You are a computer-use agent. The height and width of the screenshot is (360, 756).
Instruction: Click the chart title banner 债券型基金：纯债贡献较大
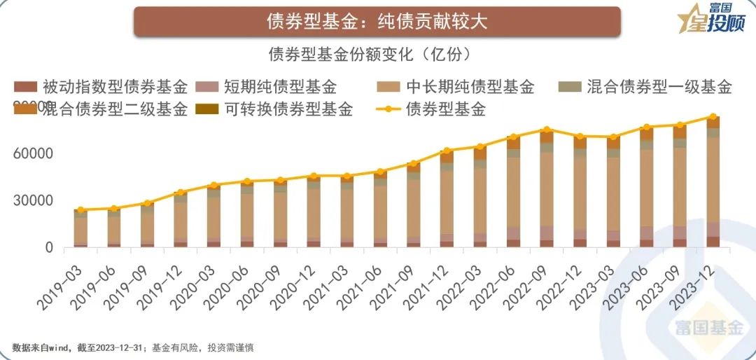pyautogui.click(x=377, y=22)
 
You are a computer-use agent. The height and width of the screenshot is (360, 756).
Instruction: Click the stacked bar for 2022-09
pyautogui.click(x=547, y=188)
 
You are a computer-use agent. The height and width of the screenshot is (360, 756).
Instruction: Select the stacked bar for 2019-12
pyautogui.click(x=180, y=220)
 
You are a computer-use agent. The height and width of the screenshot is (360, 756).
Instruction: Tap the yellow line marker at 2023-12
pyautogui.click(x=713, y=117)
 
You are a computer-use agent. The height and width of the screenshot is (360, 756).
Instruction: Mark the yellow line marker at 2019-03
pyautogui.click(x=81, y=210)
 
